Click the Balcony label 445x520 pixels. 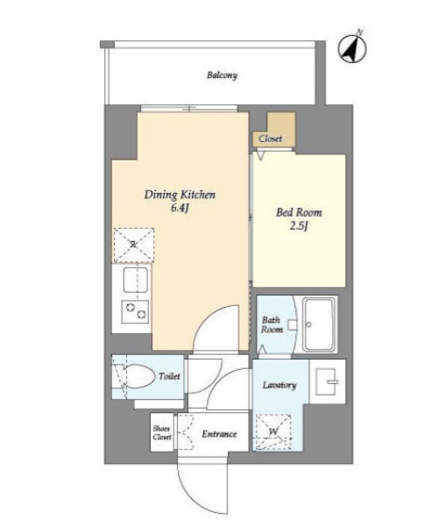[x=222, y=75]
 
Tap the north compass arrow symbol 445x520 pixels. [x=352, y=49]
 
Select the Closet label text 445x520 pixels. [x=271, y=139]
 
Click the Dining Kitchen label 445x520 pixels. [x=180, y=195]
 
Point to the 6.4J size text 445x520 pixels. [x=180, y=209]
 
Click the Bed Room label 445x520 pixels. [x=299, y=212]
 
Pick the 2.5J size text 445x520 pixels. [x=299, y=226]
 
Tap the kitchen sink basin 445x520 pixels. [x=136, y=280]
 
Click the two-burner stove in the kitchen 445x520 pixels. [x=135, y=311]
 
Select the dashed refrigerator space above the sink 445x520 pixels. [x=133, y=246]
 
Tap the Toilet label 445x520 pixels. [x=169, y=376]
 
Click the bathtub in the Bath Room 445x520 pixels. [x=319, y=324]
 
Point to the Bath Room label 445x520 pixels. [x=272, y=324]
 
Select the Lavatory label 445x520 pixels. [x=279, y=385]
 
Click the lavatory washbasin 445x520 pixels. [x=327, y=381]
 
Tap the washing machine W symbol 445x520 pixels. [x=273, y=431]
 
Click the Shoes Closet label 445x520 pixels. [x=162, y=433]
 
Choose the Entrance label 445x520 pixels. [x=219, y=434]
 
